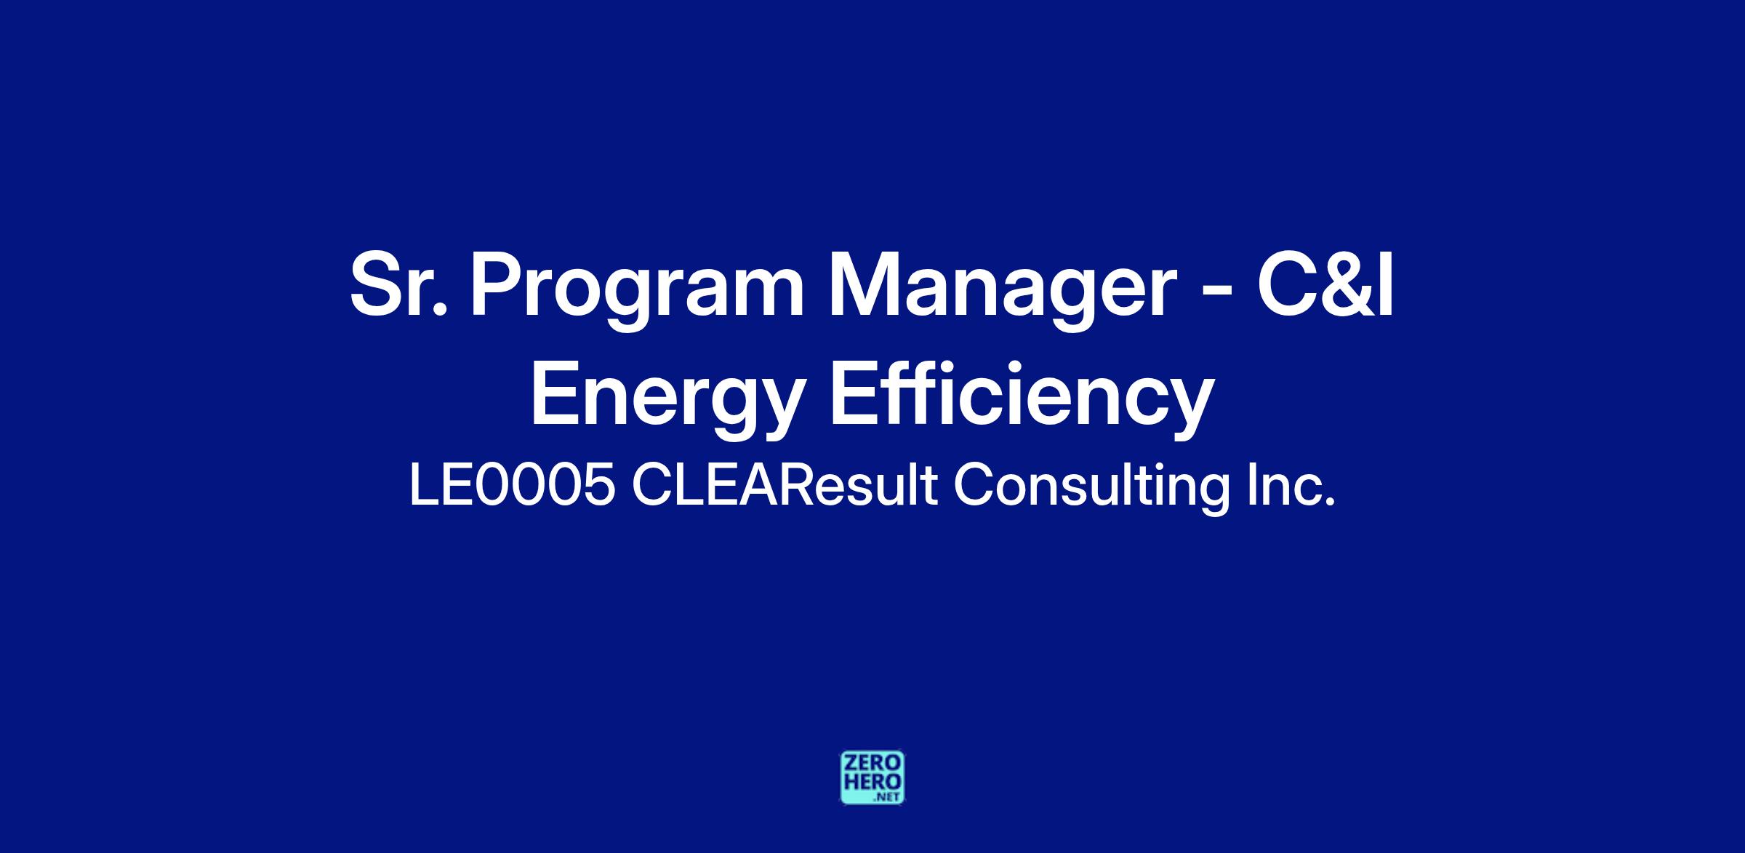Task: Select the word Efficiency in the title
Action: coord(1022,400)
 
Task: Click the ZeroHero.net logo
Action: coord(872,777)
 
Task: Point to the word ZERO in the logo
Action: coord(872,762)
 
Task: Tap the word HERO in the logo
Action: coord(872,780)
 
